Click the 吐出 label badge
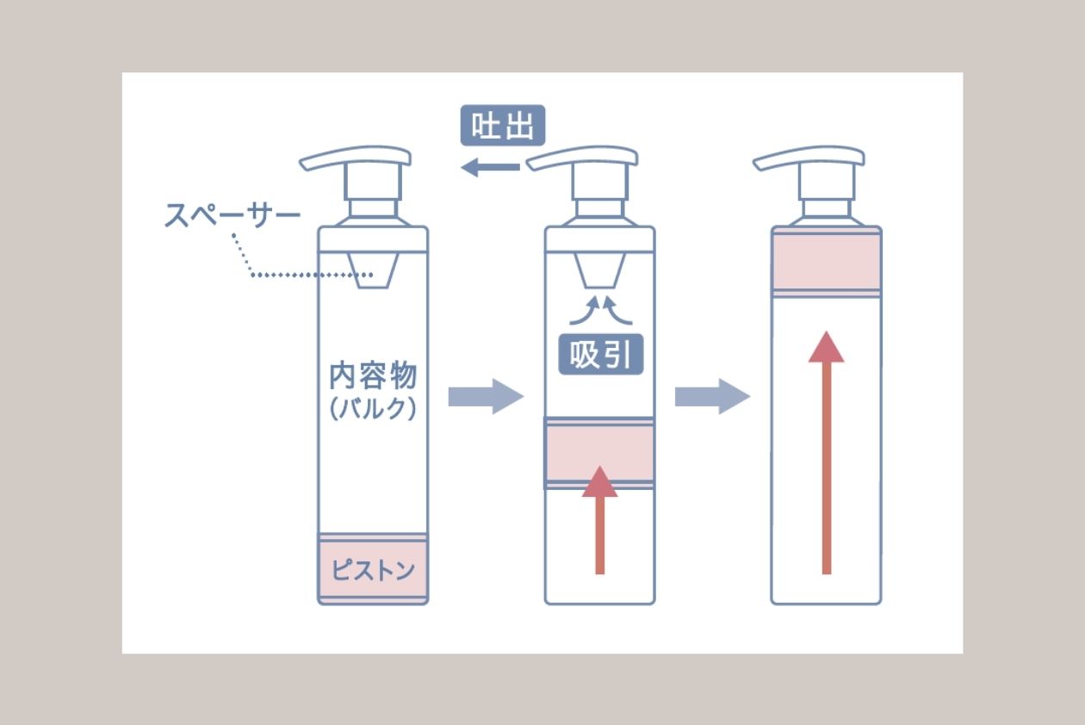point(503,126)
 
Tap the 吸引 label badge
point(601,355)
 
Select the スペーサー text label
point(232,215)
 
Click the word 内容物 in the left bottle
point(373,375)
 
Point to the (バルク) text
point(373,409)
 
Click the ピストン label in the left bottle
point(373,570)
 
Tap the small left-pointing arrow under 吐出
point(490,167)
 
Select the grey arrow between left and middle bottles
point(486,397)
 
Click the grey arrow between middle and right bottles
point(712,397)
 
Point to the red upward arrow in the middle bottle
point(599,520)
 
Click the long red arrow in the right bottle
point(827,453)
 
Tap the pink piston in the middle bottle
point(599,453)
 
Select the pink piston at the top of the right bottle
point(827,261)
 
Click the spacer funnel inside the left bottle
point(373,270)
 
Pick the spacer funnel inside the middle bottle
point(599,270)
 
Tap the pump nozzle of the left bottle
point(355,158)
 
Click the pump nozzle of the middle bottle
point(582,158)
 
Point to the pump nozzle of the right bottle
point(809,158)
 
